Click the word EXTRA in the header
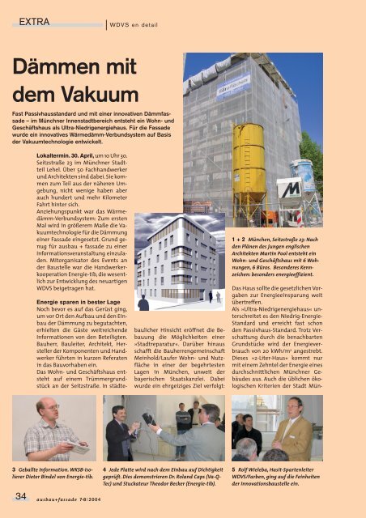click(36, 20)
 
